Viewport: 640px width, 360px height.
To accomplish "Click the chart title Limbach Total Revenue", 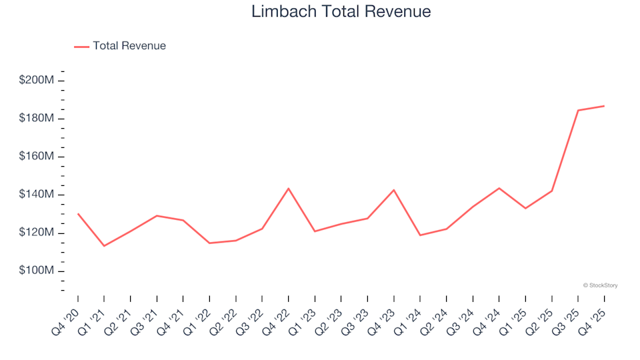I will [x=341, y=11].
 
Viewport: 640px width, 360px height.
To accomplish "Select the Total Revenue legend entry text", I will [x=129, y=46].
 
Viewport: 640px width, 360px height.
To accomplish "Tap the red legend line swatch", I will [x=81, y=46].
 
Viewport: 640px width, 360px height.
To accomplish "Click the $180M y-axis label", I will [x=37, y=119].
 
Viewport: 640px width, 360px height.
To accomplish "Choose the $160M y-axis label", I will [x=37, y=157].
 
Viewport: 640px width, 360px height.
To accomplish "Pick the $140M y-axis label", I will [x=37, y=195].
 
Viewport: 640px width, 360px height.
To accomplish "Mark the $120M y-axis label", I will [x=37, y=233].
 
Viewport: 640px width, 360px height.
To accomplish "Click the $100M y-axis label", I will [x=37, y=271].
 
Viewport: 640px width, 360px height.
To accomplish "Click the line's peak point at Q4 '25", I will [x=604, y=106].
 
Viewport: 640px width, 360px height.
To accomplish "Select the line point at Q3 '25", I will [x=578, y=111].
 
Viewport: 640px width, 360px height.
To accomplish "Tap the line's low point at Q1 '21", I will [x=104, y=246].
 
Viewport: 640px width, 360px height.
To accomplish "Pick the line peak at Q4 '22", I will [x=288, y=188].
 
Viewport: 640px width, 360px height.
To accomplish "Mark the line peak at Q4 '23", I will [x=393, y=190].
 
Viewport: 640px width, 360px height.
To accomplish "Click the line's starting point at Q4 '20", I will [x=78, y=214].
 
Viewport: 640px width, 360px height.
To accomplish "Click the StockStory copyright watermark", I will [x=600, y=285].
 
